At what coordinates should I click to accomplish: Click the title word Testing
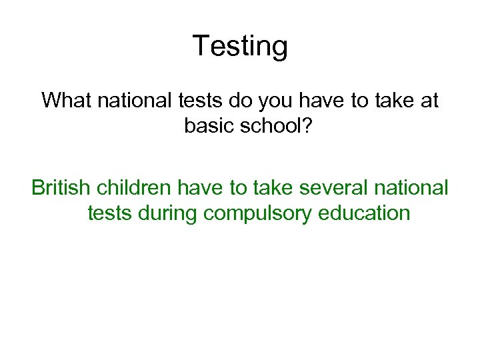pyautogui.click(x=240, y=47)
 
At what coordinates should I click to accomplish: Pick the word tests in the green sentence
pyautogui.click(x=109, y=213)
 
